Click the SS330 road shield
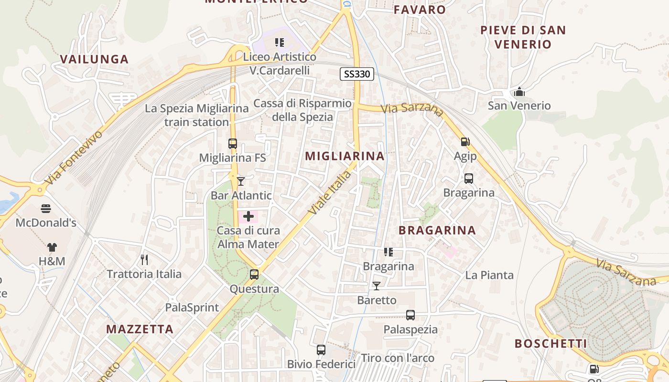pos(356,74)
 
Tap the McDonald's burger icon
pos(46,209)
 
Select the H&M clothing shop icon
pos(52,247)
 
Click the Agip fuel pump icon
pos(465,142)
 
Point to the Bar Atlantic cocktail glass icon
pos(241,181)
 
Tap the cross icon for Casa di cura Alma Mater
pos(248,216)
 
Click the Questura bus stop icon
pos(254,275)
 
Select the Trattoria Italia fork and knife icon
pos(144,260)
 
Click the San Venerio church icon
pos(519,92)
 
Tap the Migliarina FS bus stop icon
pos(233,143)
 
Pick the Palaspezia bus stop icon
pos(410,315)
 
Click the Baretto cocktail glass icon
pos(377,286)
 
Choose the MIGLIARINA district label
pos(345,156)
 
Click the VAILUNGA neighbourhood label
pos(95,59)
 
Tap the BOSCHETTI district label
pos(550,343)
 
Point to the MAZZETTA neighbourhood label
pos(140,329)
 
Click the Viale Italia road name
pos(329,193)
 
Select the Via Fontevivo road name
pos(74,158)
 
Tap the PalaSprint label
pos(192,308)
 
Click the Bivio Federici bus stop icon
pos(321,350)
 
